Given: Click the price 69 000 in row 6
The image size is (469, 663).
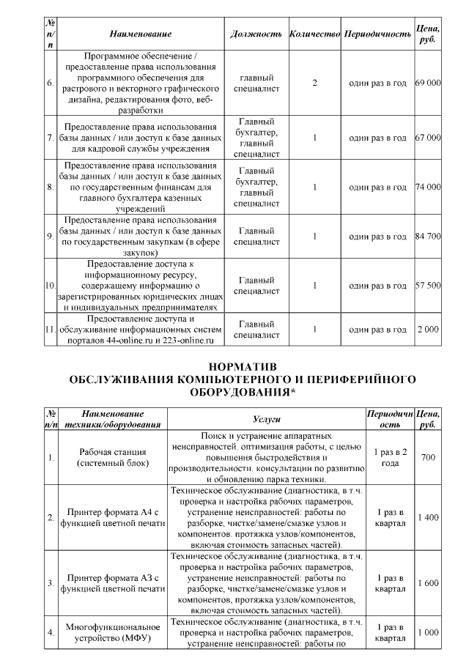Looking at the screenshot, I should (428, 84).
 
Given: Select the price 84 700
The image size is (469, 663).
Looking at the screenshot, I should (428, 236).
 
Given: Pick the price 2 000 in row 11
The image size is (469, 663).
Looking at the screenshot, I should (428, 330).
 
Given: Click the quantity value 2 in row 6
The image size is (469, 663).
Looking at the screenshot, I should (314, 84).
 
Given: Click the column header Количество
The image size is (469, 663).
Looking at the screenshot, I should (314, 34).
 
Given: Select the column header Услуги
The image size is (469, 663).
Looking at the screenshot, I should (267, 419).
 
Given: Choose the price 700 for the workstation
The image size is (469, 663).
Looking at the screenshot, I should (429, 458).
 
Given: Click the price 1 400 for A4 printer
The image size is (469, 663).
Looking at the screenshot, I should (428, 517).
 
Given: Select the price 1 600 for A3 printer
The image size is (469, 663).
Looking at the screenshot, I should (428, 583).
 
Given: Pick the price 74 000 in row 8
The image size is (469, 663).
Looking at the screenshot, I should (428, 187).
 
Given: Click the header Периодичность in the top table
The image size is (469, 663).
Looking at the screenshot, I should (377, 34).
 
